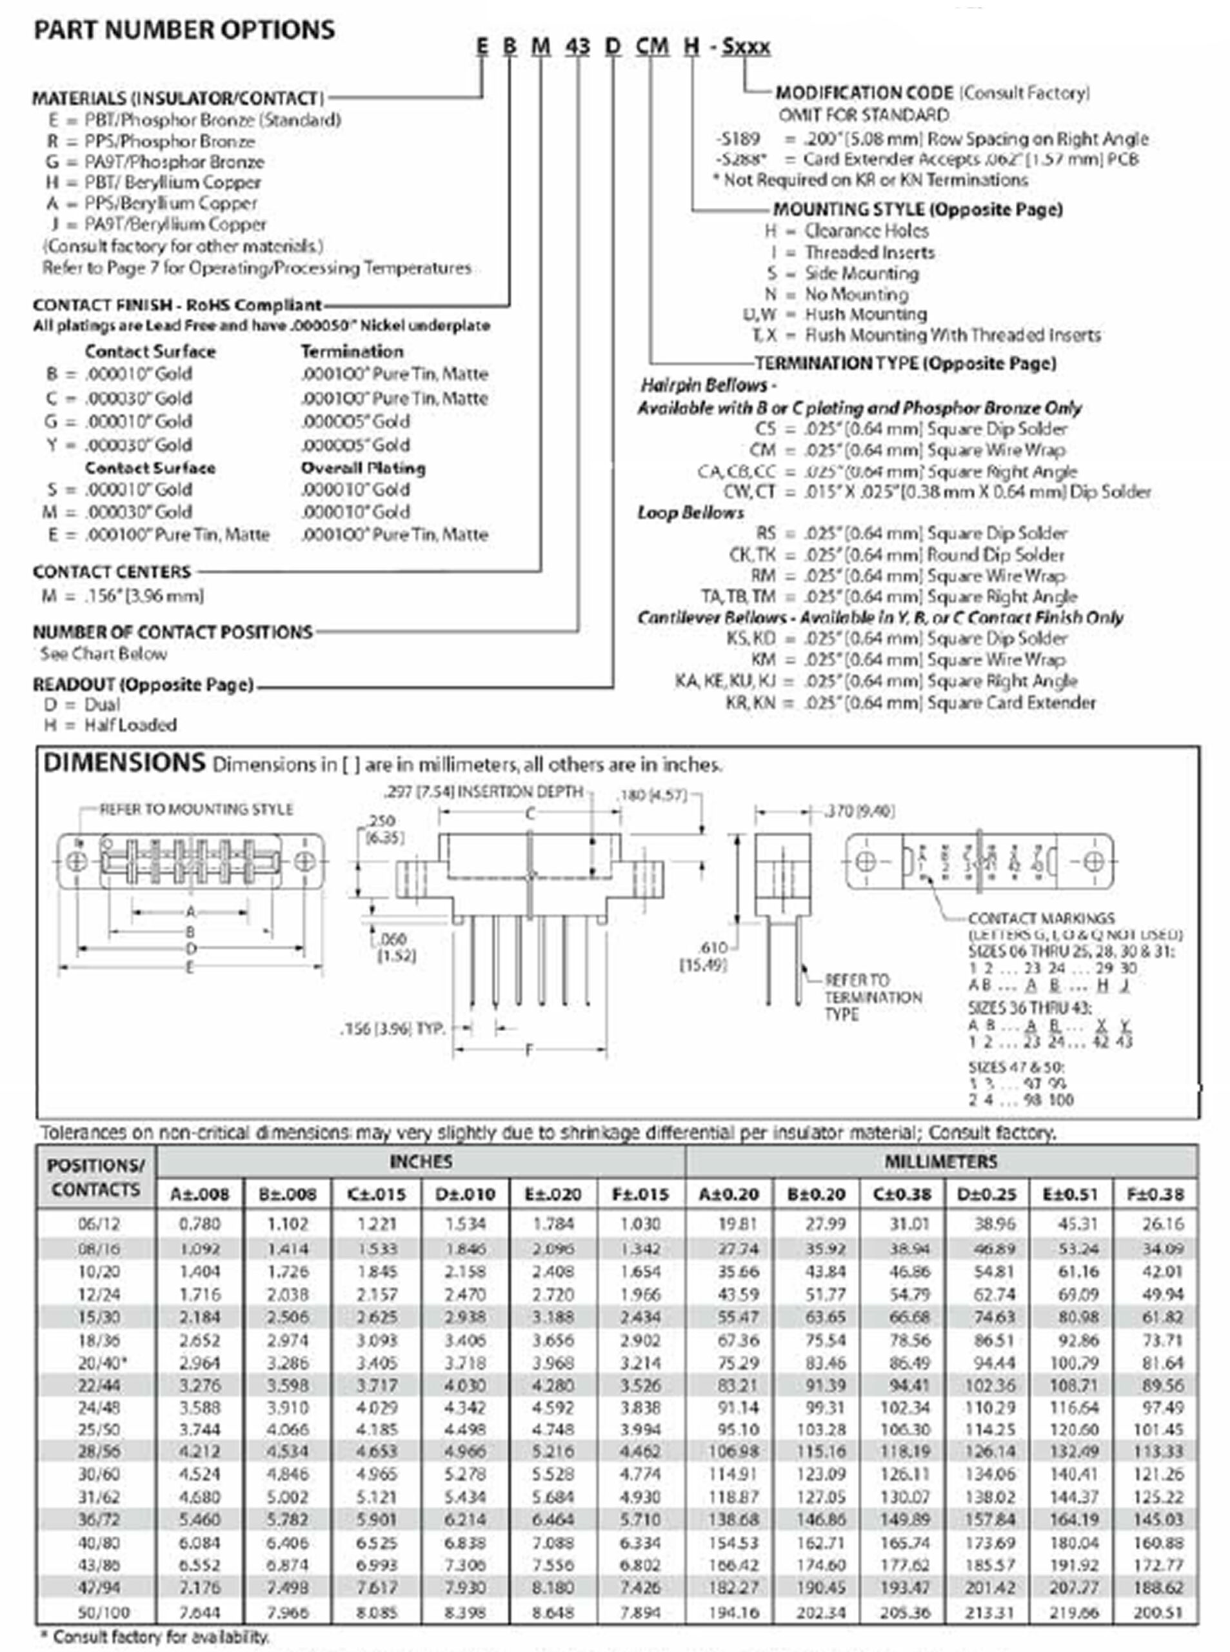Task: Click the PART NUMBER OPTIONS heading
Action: coord(184,30)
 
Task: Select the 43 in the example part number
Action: coord(577,46)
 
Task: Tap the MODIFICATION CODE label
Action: coord(864,93)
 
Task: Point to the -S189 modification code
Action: coord(738,139)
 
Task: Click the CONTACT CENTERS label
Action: coord(112,572)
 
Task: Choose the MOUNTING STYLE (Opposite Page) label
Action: coord(917,209)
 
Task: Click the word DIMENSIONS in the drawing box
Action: coord(124,763)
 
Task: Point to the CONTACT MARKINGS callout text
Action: coord(1041,918)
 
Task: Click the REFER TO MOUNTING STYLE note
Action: coord(197,809)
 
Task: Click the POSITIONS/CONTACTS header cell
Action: coord(96,1177)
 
